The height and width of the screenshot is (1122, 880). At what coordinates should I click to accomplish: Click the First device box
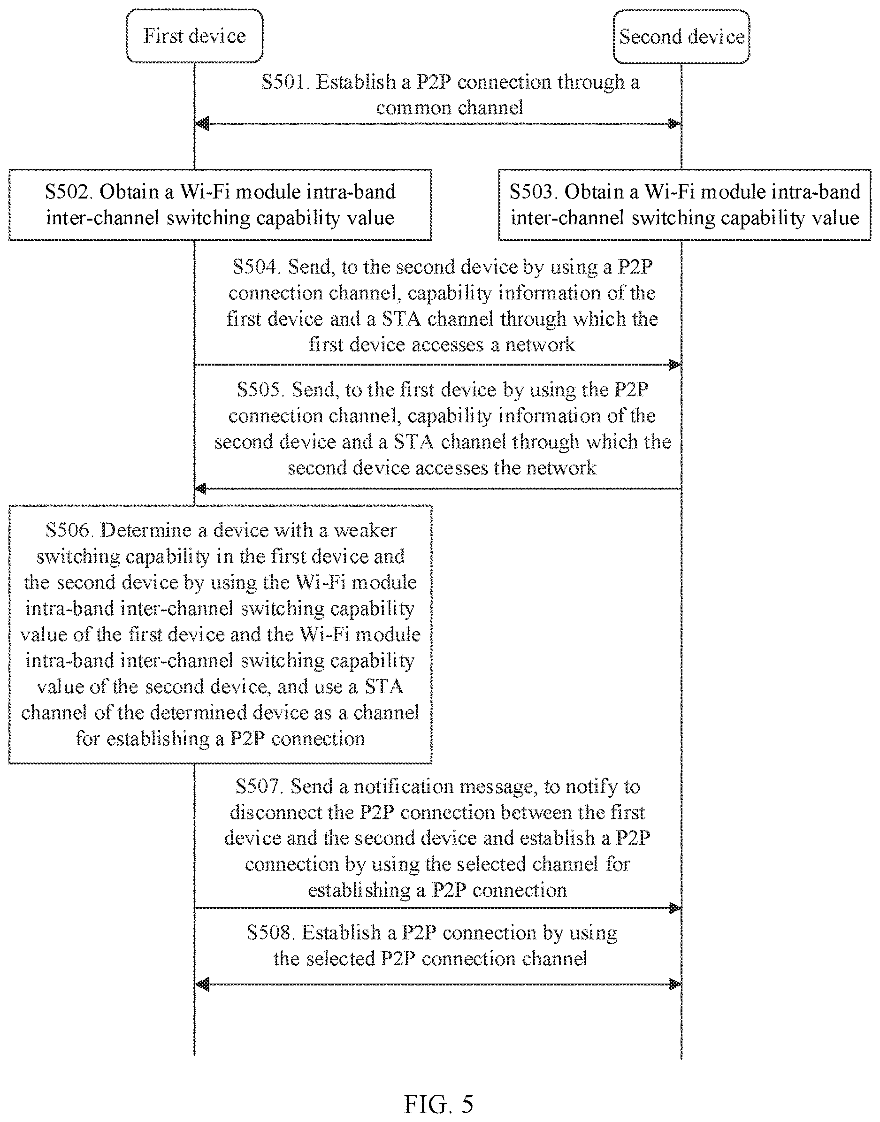pyautogui.click(x=195, y=36)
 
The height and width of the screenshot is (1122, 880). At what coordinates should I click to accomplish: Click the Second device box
pyautogui.click(x=681, y=37)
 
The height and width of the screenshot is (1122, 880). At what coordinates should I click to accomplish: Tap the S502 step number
pyautogui.click(x=68, y=191)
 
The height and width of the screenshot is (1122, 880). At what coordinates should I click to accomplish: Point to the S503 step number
pyautogui.click(x=533, y=191)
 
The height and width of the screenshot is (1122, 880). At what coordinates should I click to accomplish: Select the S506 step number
pyautogui.click(x=69, y=530)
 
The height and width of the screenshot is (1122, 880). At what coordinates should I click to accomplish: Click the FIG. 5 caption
pyautogui.click(x=438, y=1105)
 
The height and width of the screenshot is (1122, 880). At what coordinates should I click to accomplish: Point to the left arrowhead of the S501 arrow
pyautogui.click(x=202, y=123)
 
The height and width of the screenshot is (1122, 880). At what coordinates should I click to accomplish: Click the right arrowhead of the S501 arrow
pyautogui.click(x=674, y=123)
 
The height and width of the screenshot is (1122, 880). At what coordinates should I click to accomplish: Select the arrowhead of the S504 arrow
pyautogui.click(x=674, y=365)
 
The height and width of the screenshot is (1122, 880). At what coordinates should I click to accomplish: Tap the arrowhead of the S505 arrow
pyautogui.click(x=201, y=488)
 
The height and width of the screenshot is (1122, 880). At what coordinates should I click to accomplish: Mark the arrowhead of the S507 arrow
pyautogui.click(x=674, y=908)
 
